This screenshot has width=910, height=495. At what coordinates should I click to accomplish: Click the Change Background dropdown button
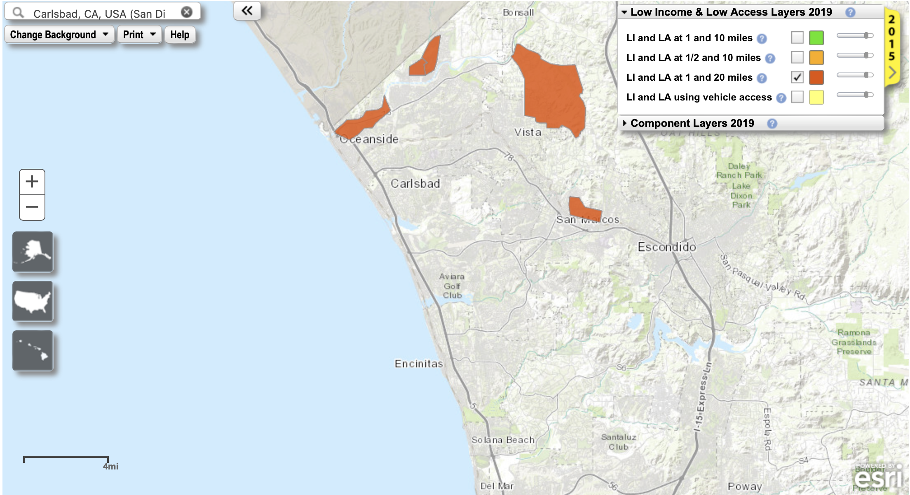[x=59, y=35]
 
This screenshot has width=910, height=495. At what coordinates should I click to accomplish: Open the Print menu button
[x=139, y=35]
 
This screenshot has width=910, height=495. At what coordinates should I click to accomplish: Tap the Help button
[x=180, y=35]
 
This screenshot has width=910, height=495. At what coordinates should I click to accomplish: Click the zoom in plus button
[x=32, y=182]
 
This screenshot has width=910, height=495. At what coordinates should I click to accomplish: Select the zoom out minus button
[x=32, y=207]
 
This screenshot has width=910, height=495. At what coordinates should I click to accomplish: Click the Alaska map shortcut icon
[x=33, y=252]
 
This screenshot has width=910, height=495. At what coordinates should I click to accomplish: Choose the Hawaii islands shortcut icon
[x=33, y=350]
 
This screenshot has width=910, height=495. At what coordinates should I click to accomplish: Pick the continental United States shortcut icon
[x=33, y=301]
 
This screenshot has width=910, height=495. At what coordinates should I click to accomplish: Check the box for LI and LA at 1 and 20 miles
[x=797, y=77]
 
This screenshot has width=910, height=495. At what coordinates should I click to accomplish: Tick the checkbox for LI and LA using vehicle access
[x=797, y=97]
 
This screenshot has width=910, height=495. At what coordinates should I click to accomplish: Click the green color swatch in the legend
[x=816, y=37]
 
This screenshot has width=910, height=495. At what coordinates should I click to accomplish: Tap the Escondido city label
[x=666, y=247]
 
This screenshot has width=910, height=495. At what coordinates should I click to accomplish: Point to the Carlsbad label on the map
[x=415, y=184]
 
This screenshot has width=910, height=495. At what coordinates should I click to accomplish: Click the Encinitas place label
[x=419, y=364]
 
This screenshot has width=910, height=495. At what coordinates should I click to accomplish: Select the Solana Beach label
[x=503, y=440]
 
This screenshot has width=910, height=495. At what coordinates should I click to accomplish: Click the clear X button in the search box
[x=187, y=12]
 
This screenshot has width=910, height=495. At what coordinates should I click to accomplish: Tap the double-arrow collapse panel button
[x=247, y=11]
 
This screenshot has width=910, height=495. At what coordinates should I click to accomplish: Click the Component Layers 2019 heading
[x=692, y=123]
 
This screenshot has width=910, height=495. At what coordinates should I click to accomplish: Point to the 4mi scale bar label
[x=110, y=466]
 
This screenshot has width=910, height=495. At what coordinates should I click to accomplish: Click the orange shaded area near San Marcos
[x=579, y=206]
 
